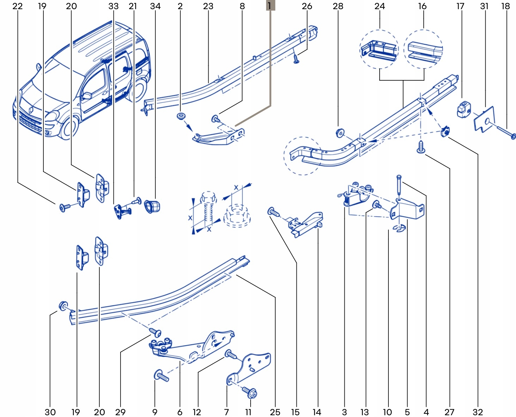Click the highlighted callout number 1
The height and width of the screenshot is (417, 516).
270,5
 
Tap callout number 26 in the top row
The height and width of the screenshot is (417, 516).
307,6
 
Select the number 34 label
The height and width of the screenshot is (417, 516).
155,6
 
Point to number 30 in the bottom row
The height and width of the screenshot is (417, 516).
50,412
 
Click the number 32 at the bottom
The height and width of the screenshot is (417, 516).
478,412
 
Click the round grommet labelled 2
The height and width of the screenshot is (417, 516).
181,116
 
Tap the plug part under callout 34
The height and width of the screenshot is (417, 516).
152,206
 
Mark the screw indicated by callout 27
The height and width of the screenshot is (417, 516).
421,147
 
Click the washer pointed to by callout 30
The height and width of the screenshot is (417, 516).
63,306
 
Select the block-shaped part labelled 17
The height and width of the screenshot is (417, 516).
463,110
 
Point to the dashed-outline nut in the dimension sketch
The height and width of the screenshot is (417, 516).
237,216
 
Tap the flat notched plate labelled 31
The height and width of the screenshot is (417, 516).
484,119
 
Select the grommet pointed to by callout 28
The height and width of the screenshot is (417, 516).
340,133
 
